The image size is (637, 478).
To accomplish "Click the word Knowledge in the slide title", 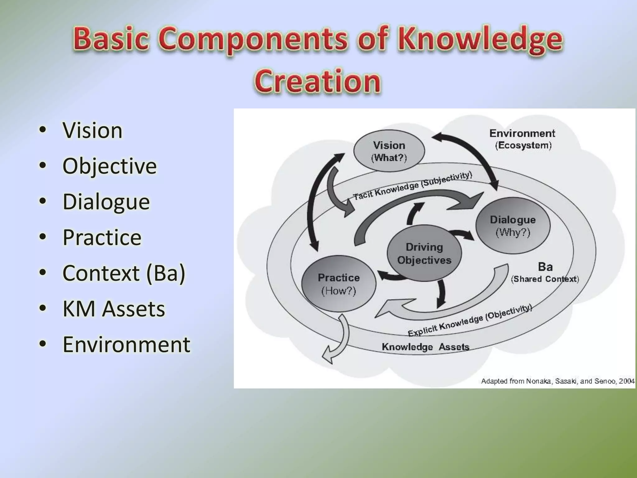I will [481, 40].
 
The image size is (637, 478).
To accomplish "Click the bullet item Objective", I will [109, 166].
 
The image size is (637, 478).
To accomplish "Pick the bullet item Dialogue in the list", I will [106, 202].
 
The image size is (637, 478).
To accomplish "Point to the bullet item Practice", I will [102, 237].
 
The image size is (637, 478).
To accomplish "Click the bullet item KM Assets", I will [114, 309].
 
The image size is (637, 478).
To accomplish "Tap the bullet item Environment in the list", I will [126, 344].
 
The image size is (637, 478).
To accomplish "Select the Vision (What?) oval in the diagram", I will [389, 151].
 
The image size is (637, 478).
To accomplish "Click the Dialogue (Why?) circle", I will [513, 226].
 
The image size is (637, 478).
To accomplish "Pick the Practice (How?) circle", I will [339, 284].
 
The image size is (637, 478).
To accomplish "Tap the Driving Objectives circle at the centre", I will [424, 253].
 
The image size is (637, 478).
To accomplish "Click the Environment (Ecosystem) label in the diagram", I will [523, 139].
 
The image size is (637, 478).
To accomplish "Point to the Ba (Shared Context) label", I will [545, 273].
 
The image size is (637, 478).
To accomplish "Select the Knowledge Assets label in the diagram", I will [425, 347].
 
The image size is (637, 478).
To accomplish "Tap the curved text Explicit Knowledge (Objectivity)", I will [470, 321].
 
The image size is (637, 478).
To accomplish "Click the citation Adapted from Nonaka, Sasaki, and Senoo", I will [557, 381].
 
